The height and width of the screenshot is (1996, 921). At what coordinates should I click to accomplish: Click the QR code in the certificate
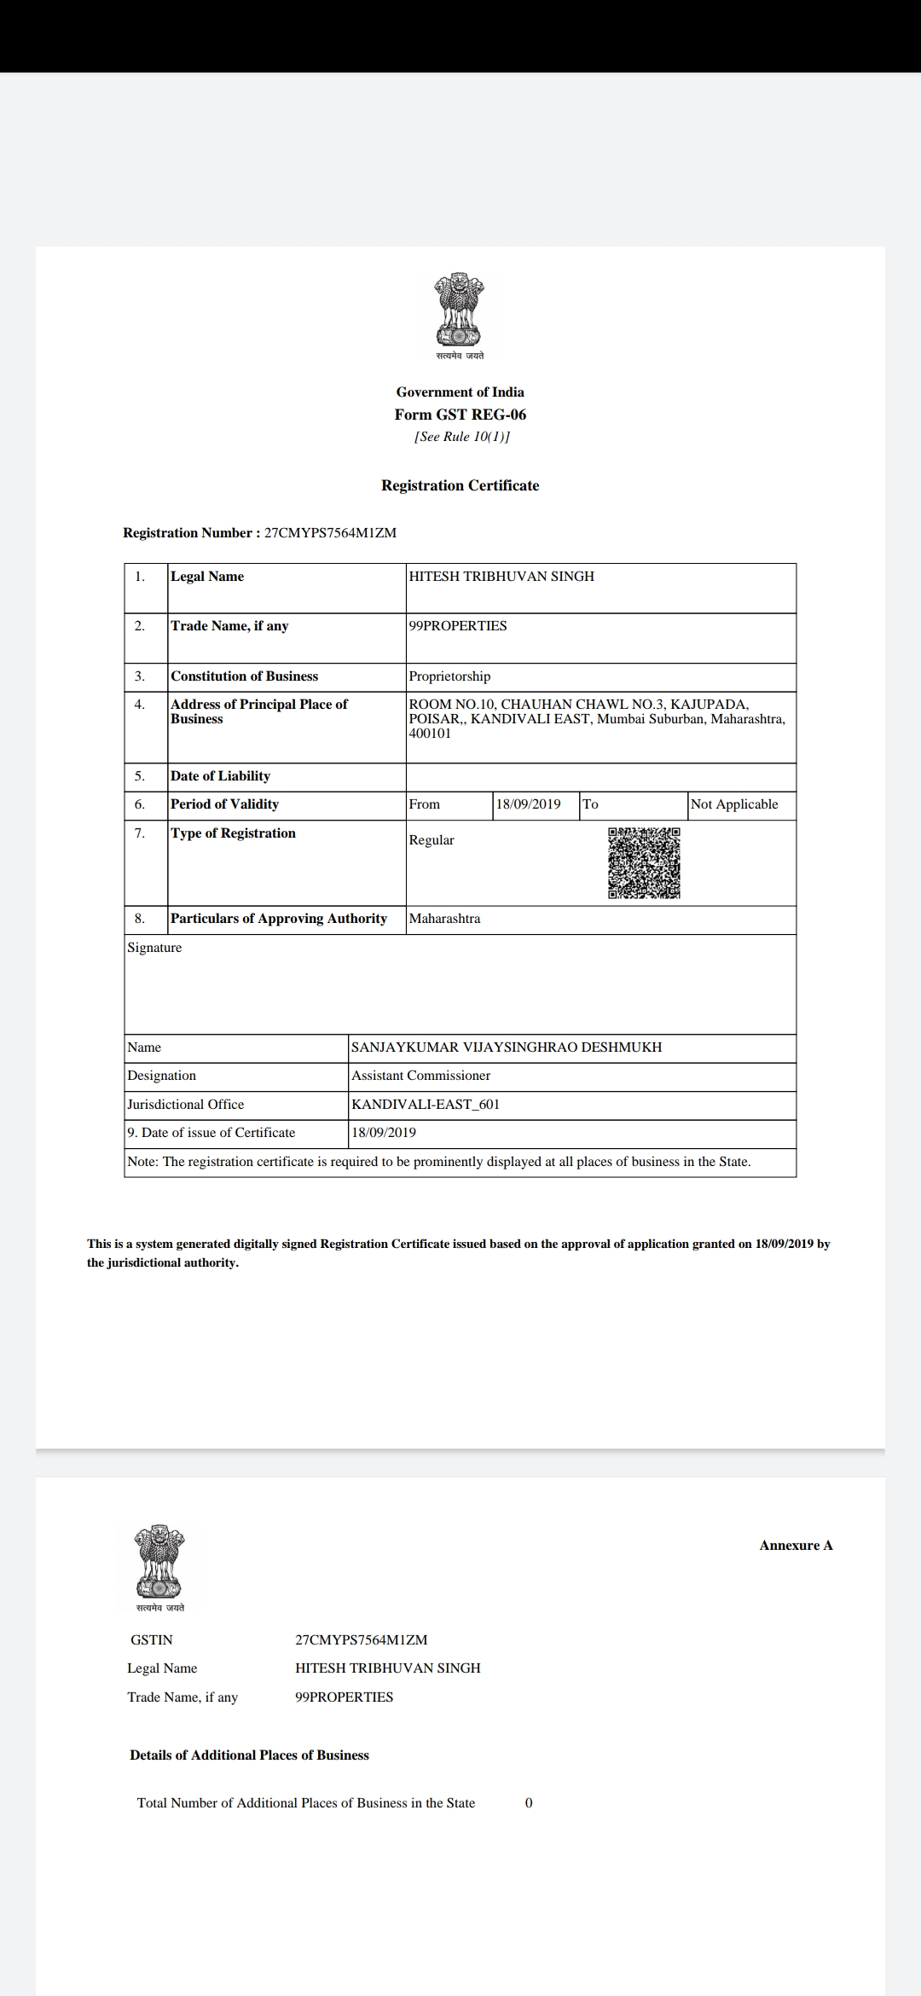(644, 862)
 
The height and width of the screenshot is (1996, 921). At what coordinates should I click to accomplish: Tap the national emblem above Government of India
(460, 310)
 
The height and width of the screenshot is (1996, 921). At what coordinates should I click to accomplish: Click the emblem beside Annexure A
(159, 1562)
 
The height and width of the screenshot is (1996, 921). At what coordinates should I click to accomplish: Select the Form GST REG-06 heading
(460, 415)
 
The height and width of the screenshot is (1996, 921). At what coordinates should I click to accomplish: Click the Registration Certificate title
(460, 485)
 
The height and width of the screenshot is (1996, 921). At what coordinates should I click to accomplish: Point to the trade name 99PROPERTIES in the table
(458, 626)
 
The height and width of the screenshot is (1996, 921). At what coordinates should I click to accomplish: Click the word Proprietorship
(449, 676)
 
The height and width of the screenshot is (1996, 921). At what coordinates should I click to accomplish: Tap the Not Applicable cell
(734, 804)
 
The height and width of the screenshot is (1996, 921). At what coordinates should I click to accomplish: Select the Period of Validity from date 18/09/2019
(529, 804)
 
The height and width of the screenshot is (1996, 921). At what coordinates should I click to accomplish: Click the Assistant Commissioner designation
(421, 1076)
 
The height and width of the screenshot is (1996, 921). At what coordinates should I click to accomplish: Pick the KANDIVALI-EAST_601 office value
(426, 1105)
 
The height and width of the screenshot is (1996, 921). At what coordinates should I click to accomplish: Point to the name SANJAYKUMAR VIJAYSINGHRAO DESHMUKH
(507, 1047)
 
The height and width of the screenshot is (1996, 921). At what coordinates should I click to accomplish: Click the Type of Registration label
(233, 833)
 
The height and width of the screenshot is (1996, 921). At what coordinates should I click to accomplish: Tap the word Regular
(432, 840)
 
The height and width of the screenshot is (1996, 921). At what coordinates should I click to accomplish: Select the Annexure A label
(796, 1546)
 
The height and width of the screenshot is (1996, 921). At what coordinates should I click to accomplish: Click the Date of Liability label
(220, 776)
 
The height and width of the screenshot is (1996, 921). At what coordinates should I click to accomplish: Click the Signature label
(154, 948)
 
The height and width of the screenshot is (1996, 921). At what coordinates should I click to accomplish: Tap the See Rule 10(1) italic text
(461, 437)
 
